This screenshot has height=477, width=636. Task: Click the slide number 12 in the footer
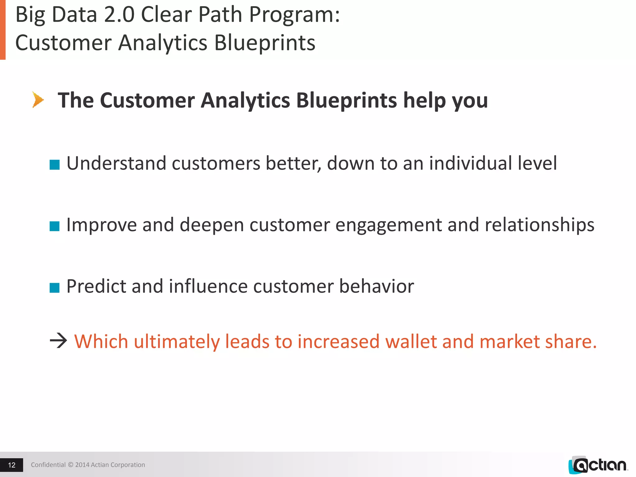click(11, 465)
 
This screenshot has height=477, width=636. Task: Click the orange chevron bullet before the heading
click(38, 100)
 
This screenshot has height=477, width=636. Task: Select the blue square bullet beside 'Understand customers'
click(54, 165)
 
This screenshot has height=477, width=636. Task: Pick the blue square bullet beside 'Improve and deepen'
click(54, 226)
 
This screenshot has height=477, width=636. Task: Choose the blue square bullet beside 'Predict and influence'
click(54, 288)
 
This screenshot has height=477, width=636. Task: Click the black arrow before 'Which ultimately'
click(58, 341)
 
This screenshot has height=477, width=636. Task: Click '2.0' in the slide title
click(119, 15)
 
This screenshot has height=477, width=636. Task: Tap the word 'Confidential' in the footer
click(48, 465)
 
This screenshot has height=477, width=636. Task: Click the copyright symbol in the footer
click(70, 465)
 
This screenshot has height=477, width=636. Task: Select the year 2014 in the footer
click(82, 465)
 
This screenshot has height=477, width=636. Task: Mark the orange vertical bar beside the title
click(2, 30)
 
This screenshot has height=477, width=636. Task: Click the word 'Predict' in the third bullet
click(96, 286)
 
